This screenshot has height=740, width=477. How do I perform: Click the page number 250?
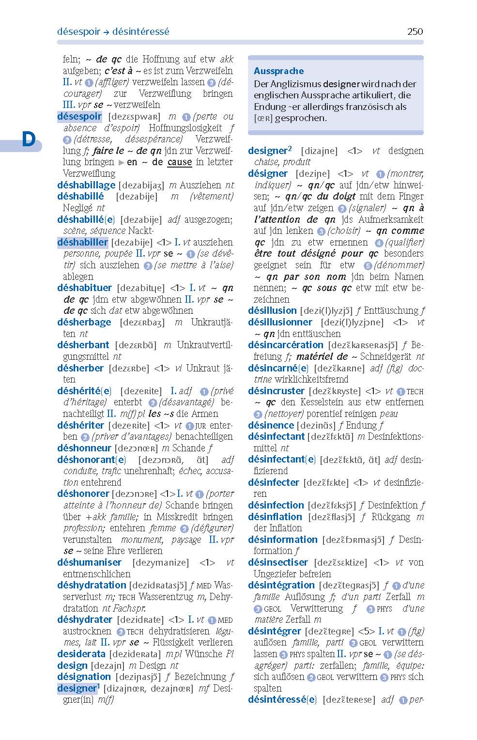click(x=415, y=31)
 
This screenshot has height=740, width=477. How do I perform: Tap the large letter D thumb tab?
click(x=29, y=139)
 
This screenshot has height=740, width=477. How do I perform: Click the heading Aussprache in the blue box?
click(x=278, y=71)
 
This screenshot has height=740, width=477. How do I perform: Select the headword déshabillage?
click(x=86, y=185)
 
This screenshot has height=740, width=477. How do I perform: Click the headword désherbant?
click(x=83, y=345)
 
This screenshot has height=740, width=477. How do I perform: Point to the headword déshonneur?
click(x=84, y=448)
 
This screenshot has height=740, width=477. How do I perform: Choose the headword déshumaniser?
click(x=89, y=562)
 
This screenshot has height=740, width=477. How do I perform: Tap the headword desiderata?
click(x=81, y=654)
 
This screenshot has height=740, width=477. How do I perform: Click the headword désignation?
click(x=84, y=677)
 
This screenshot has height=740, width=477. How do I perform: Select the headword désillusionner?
click(x=280, y=322)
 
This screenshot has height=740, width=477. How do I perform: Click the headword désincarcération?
click(x=286, y=345)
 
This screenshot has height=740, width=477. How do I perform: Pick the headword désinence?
click(x=271, y=425)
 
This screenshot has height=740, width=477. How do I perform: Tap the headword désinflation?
click(x=275, y=517)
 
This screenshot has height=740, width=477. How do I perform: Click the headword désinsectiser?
click(x=278, y=562)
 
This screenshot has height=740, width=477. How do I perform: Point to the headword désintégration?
click(x=281, y=585)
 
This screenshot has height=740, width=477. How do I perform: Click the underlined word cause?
click(x=180, y=162)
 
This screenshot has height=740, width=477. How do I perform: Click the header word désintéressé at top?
click(x=140, y=31)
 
